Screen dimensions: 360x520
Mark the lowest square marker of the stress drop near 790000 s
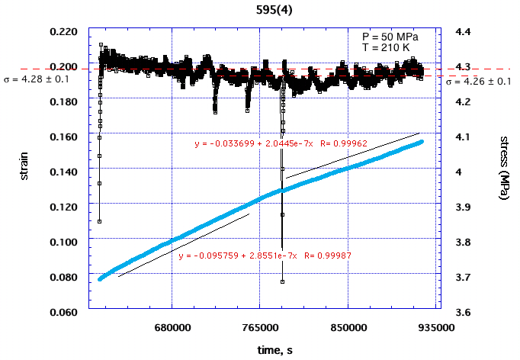click(x=282, y=282)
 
